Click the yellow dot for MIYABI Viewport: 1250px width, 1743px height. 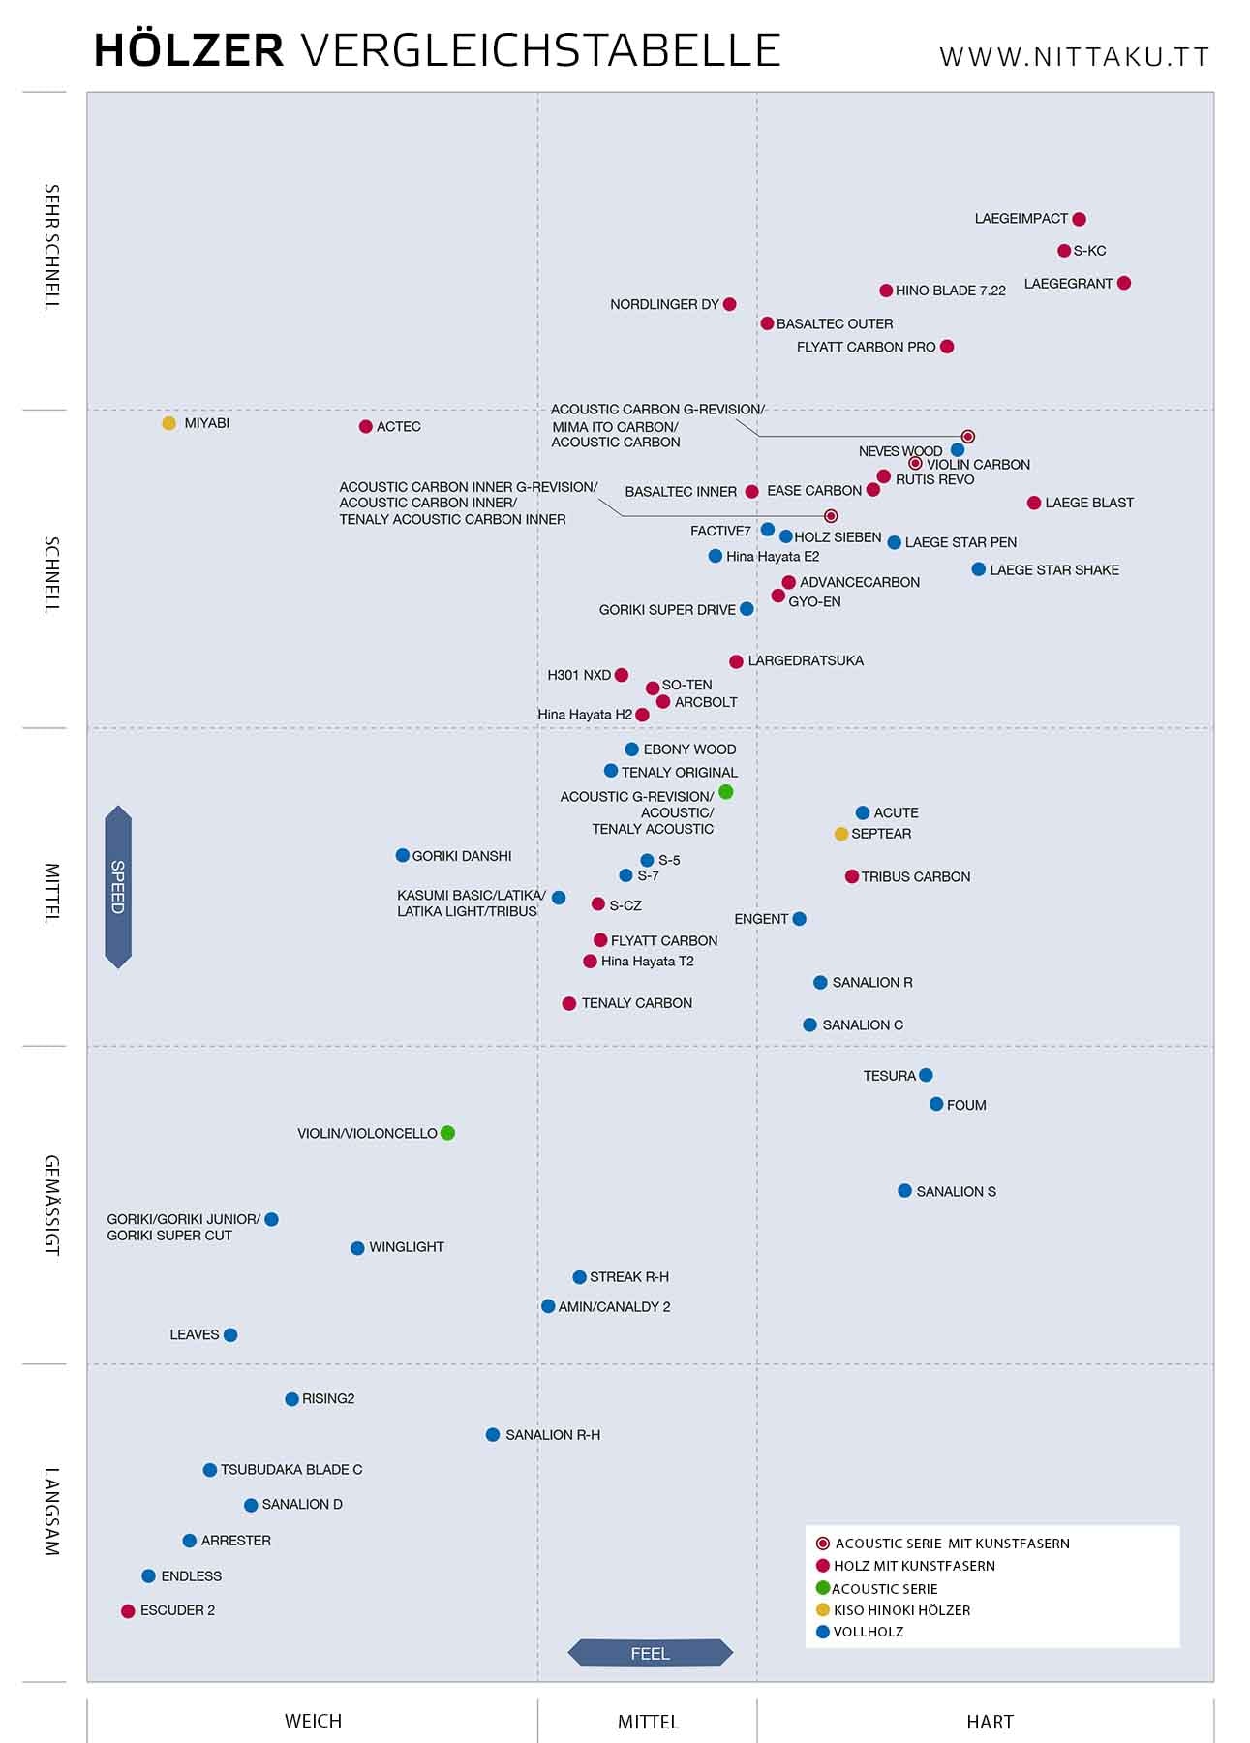point(169,423)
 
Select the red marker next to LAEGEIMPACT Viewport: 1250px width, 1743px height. point(1080,220)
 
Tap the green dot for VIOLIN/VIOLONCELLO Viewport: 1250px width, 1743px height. point(447,1133)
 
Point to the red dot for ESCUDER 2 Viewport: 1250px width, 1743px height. point(128,1611)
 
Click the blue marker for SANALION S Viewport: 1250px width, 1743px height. point(904,1191)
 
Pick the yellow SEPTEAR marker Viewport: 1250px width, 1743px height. point(841,834)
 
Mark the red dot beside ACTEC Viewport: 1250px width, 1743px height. point(366,427)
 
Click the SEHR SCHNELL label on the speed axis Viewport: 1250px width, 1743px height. point(52,247)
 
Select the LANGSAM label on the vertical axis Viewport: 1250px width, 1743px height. point(52,1512)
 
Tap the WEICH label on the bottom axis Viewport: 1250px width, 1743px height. point(313,1722)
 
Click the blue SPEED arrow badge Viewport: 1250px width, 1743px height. point(118,887)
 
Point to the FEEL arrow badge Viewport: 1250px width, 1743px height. point(650,1653)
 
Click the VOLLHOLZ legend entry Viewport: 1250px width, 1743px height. point(868,1632)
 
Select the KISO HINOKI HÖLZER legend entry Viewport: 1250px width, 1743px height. point(900,1610)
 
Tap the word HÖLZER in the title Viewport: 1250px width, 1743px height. point(189,51)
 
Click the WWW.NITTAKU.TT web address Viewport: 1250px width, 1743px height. point(1074,57)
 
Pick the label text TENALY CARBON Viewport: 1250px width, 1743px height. point(636,1003)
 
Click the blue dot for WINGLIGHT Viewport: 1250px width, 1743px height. point(357,1248)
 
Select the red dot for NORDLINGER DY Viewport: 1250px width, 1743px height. point(730,304)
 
